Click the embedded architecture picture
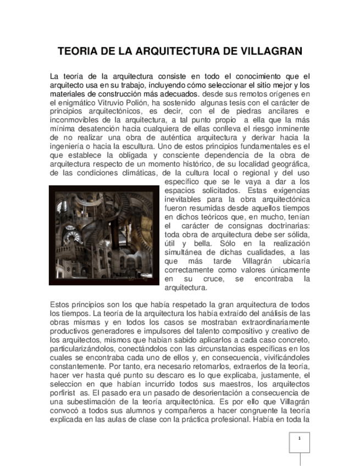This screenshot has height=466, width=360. (x=104, y=235)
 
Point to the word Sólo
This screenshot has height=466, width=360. (x=230, y=243)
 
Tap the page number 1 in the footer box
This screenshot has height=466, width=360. (x=300, y=439)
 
